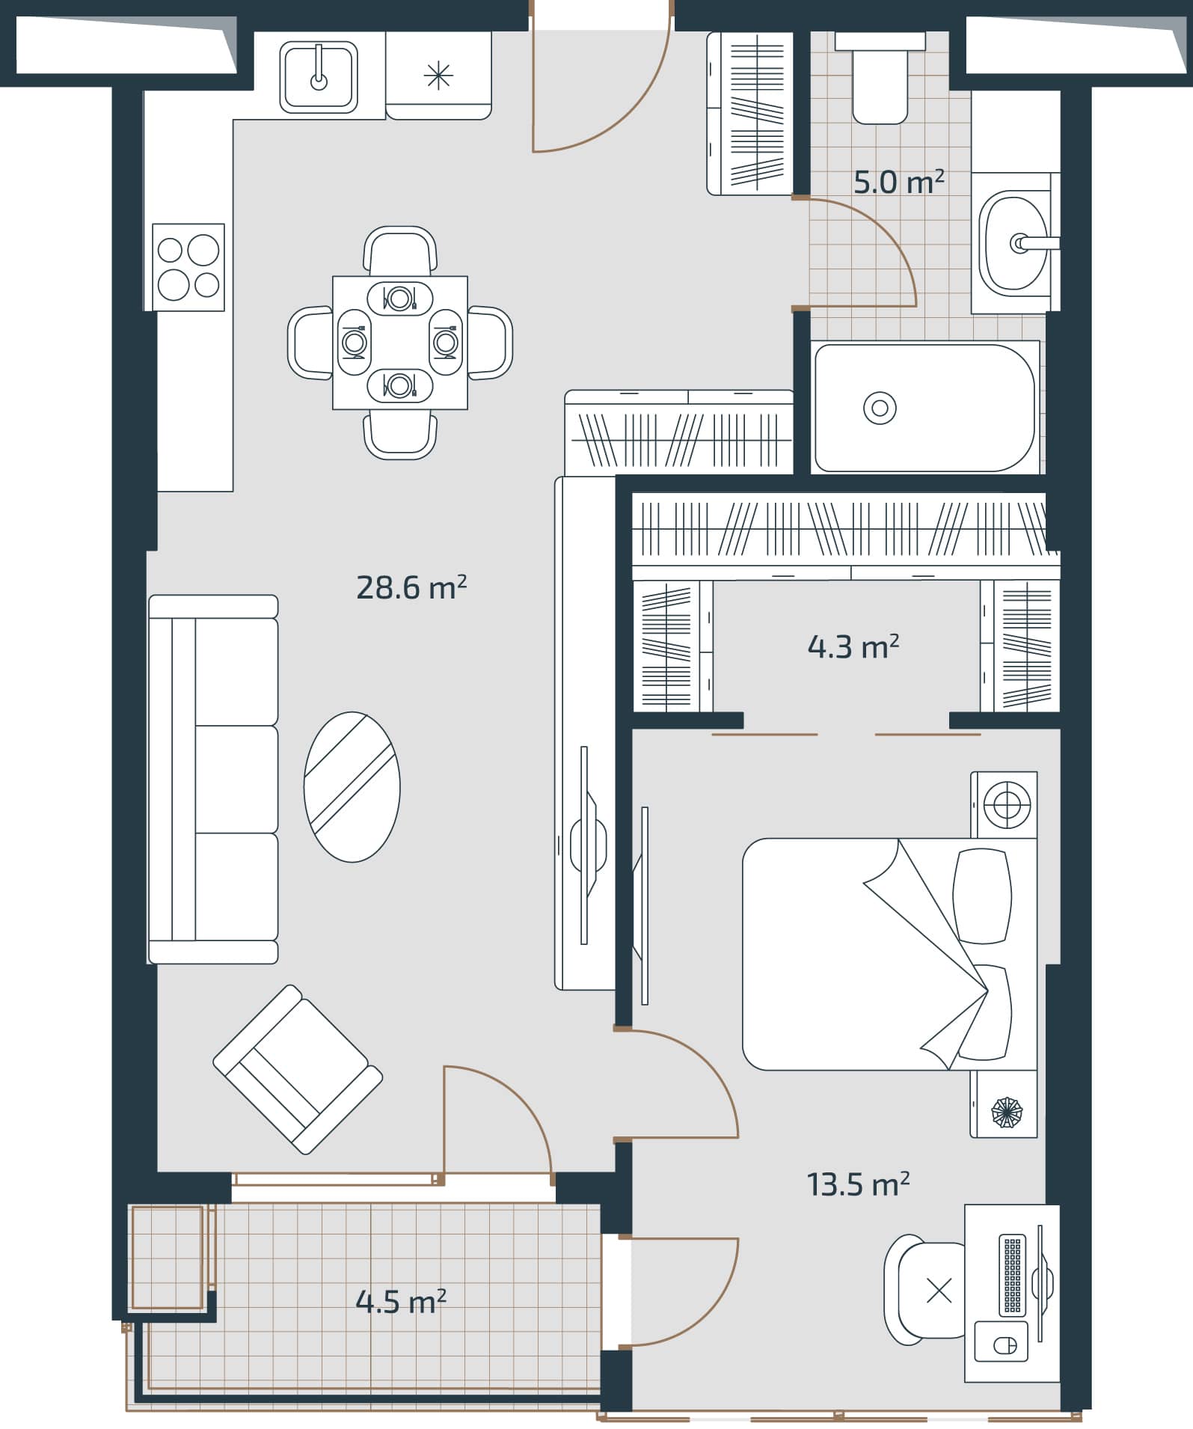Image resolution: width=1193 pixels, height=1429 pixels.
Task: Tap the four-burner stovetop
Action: coord(188,267)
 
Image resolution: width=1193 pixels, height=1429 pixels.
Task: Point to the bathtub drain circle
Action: coord(880,408)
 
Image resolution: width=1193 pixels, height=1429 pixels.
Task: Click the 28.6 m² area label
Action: coord(411,588)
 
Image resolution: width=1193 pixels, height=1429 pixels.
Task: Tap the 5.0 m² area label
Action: coord(898,183)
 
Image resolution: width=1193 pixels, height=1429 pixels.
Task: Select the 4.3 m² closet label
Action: coord(853,647)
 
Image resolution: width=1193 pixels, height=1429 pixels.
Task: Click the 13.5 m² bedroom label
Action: coord(857,1184)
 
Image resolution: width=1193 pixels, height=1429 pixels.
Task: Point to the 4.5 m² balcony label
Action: coord(400,1303)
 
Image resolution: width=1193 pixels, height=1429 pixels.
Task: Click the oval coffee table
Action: coord(352,786)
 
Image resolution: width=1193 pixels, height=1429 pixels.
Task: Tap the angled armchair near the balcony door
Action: coord(298,1070)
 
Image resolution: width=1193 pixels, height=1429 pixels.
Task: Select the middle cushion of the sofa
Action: coord(236,779)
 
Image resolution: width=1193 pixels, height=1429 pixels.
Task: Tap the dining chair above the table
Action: coord(400,251)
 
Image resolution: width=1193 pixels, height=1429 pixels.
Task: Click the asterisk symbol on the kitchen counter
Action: coord(438,76)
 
